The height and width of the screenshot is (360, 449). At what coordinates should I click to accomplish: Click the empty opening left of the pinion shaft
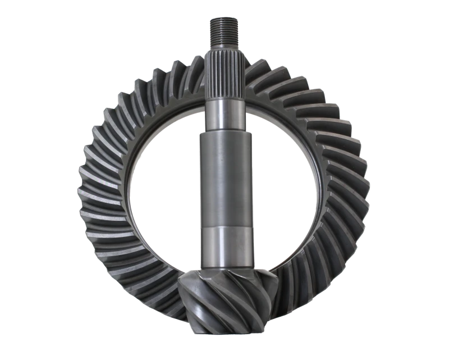(x=163, y=185)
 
